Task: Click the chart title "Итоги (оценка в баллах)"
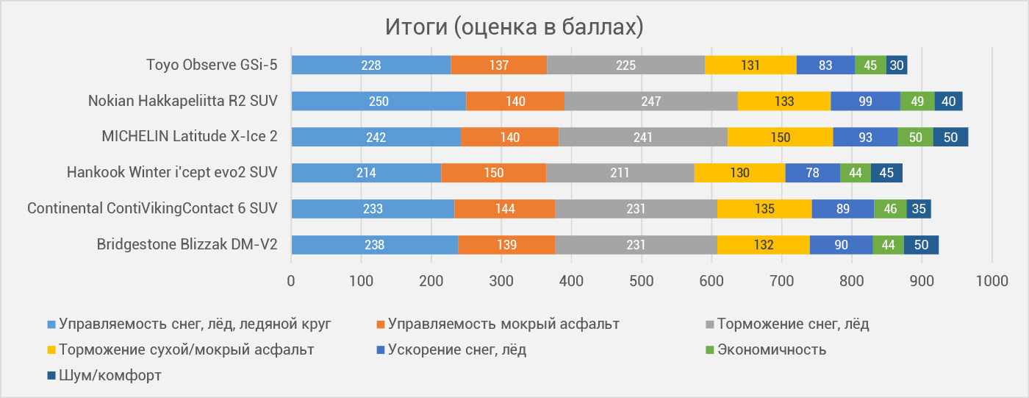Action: (514, 26)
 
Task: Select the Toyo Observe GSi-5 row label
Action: (212, 65)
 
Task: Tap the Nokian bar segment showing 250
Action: (379, 101)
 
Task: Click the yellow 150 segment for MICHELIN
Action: (780, 137)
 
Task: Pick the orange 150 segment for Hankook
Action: (494, 173)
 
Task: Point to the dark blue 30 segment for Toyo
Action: (897, 65)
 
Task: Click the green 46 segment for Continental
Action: (890, 209)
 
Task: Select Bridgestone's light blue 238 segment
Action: (375, 244)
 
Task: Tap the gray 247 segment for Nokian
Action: (651, 101)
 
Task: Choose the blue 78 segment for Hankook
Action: (813, 173)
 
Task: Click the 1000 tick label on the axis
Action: (992, 281)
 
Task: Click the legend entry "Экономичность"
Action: (766, 349)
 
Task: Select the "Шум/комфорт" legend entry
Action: (104, 375)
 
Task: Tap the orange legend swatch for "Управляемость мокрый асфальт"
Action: (381, 324)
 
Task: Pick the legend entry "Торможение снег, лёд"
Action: (787, 324)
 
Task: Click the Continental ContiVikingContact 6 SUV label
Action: (153, 208)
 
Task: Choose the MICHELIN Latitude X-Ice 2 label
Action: (190, 137)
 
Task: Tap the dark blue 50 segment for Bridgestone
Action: (921, 244)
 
